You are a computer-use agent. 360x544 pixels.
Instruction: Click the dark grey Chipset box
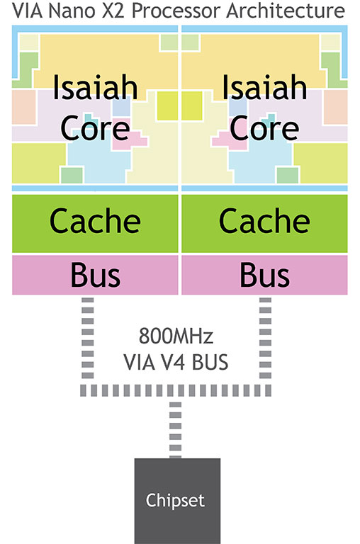tap(177, 501)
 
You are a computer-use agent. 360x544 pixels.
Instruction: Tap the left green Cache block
tap(95, 223)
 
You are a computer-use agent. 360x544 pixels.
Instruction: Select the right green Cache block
tap(264, 223)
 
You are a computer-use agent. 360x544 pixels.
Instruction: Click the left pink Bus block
tap(95, 275)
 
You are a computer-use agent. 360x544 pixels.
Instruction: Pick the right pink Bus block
tap(264, 275)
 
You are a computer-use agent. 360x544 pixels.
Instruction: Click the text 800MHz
tap(176, 336)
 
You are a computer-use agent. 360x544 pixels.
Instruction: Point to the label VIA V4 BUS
tap(176, 362)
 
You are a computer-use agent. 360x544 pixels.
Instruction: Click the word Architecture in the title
tap(286, 11)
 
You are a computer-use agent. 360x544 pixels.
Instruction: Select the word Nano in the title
tap(72, 11)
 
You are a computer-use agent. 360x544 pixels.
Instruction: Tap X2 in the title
tap(113, 11)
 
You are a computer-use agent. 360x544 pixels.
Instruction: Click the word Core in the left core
tap(95, 128)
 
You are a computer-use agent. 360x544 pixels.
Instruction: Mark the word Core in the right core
tap(264, 128)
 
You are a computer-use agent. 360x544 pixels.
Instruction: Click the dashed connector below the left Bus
tap(87, 338)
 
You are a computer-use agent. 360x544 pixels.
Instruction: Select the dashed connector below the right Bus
tap(265, 338)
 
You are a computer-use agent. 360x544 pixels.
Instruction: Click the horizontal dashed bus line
tap(176, 390)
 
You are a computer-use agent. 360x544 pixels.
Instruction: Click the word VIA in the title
tap(28, 11)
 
